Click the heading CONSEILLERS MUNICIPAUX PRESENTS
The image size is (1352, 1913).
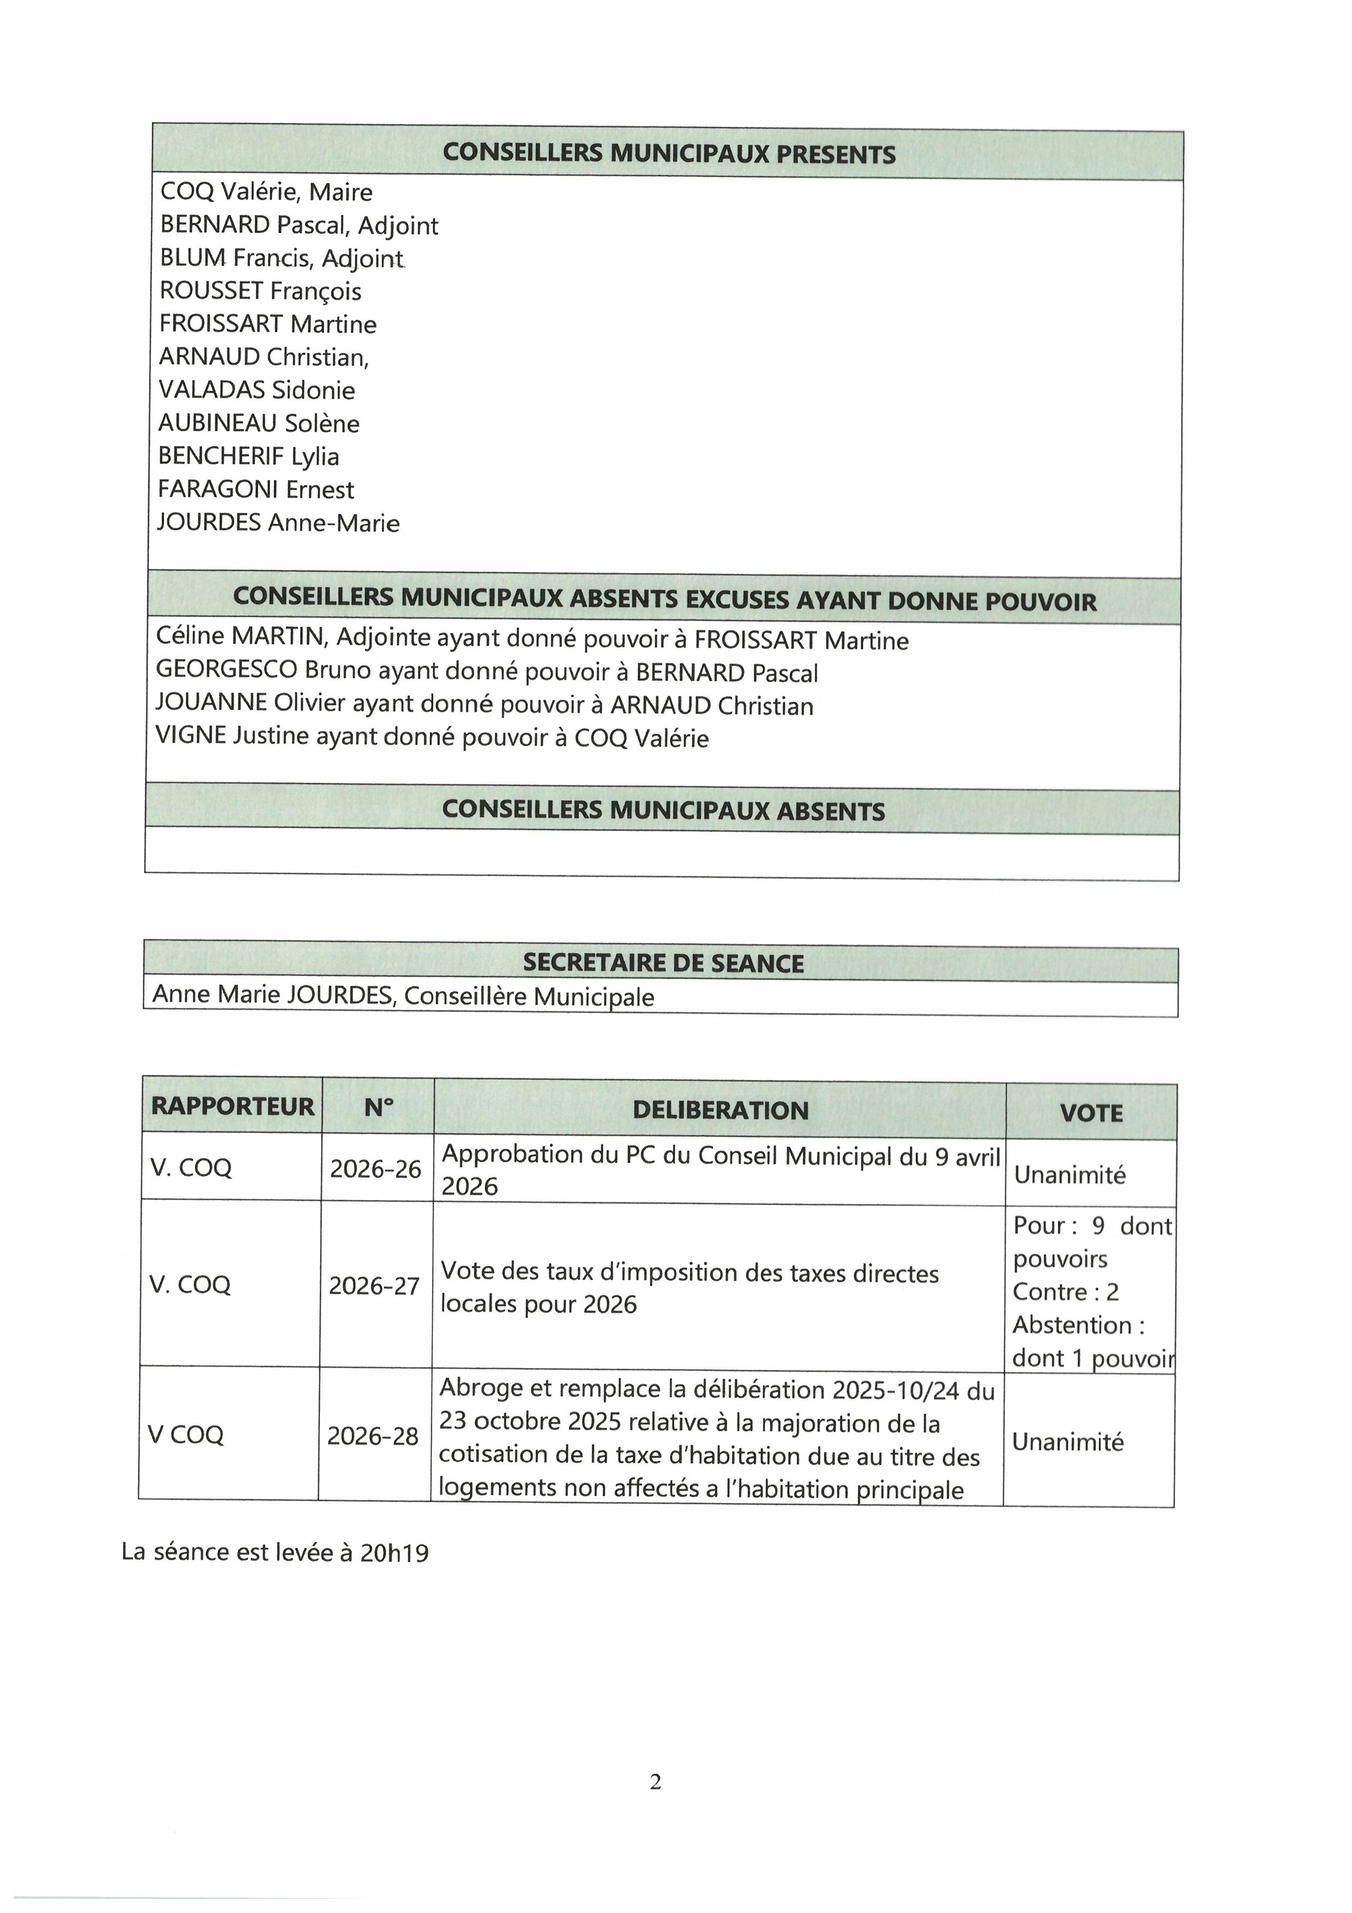pos(669,154)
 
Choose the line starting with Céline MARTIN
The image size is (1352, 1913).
pos(532,639)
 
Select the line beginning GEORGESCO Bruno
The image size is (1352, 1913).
pos(486,672)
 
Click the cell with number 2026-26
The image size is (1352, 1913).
pos(376,1170)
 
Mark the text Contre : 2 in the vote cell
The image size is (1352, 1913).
pos(1065,1292)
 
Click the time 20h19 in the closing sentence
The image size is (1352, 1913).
pos(394,1553)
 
